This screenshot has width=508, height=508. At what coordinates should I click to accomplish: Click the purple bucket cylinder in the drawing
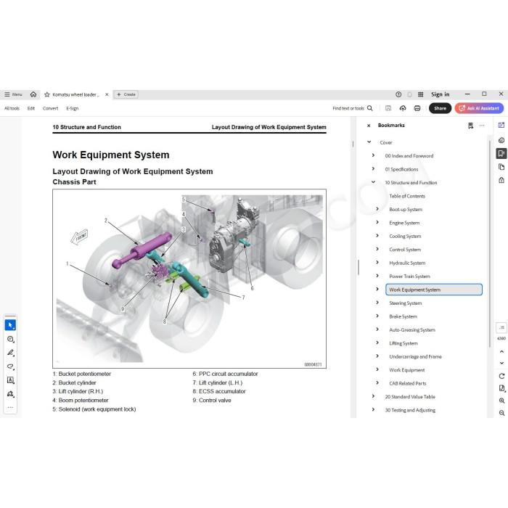pos(142,250)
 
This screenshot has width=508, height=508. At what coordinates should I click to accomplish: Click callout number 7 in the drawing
pos(243,298)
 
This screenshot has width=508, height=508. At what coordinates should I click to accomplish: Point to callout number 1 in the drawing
pos(67,263)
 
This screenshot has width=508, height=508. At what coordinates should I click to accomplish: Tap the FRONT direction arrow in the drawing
pos(79,237)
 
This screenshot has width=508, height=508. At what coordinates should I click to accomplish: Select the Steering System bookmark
pos(405,303)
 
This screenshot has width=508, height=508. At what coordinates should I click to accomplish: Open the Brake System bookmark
pos(403,316)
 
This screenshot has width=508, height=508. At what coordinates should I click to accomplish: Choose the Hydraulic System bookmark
pos(407,263)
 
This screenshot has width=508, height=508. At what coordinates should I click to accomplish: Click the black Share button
pos(440,108)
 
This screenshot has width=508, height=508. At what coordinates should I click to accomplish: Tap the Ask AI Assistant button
pos(479,108)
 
